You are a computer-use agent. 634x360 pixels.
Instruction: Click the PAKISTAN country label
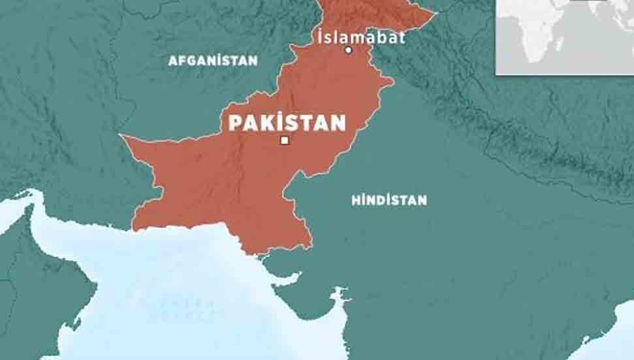point(287,122)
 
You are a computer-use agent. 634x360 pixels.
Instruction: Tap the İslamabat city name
point(360,37)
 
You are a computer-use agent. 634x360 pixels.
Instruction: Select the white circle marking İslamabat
point(349,50)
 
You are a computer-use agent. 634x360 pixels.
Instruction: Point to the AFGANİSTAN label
point(213,61)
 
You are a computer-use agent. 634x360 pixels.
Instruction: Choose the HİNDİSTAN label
point(389,200)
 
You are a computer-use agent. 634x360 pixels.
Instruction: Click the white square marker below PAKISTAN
point(284,140)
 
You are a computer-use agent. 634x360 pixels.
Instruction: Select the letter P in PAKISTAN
point(234,123)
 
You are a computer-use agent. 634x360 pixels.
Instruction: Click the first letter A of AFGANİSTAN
point(172,61)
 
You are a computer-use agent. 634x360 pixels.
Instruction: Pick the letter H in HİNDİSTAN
point(356,200)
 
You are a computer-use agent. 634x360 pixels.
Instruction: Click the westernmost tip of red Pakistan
point(121,136)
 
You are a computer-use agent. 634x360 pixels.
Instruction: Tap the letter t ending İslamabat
point(402,37)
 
